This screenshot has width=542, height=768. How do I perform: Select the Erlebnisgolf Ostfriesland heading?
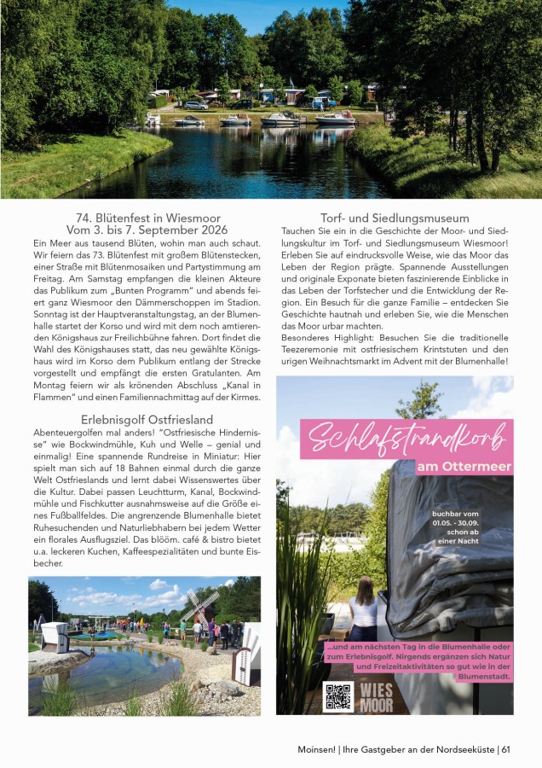click(147, 420)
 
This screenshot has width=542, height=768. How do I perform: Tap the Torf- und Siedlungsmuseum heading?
click(395, 218)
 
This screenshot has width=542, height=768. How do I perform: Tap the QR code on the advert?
click(338, 696)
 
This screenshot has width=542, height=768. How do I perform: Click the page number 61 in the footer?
click(505, 749)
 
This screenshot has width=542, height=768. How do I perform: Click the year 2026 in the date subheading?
click(207, 230)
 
